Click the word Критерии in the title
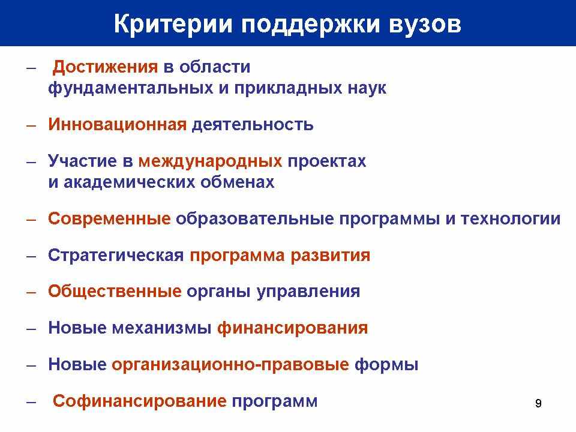coord(173,24)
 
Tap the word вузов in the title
coord(424,25)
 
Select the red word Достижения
coord(105,67)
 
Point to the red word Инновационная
coord(117,125)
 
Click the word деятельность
coord(253,125)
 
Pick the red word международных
coord(210,161)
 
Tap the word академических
coord(130,182)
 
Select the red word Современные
coord(109,219)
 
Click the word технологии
coord(511,219)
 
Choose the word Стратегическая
coord(116,256)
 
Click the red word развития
coord(330,256)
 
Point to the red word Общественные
coord(115,292)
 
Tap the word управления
coord(308,292)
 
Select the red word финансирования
coord(292,328)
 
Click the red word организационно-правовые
coord(230,365)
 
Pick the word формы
coord(386,365)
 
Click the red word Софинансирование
coord(140,401)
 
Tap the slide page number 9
coord(538,403)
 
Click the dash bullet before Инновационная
coord(31,125)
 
